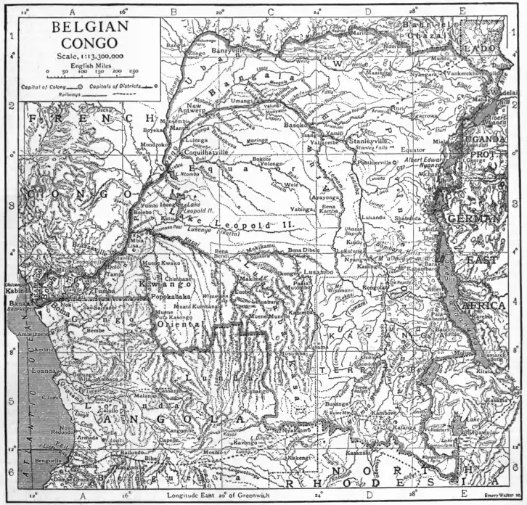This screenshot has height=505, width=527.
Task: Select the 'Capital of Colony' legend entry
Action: click(44, 86)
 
